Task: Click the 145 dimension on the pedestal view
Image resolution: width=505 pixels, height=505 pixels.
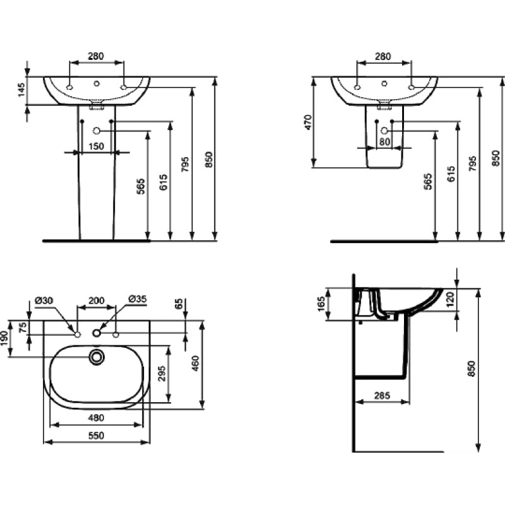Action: [21, 90]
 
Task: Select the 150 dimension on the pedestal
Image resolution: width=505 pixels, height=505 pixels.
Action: [97, 146]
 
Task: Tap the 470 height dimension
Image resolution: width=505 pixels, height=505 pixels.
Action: [309, 122]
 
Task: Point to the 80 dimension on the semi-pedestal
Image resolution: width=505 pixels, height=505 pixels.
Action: [384, 141]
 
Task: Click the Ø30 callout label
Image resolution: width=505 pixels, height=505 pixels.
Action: [44, 300]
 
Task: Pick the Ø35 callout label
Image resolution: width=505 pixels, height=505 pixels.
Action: [137, 299]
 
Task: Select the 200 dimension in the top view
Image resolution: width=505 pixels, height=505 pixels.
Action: [97, 300]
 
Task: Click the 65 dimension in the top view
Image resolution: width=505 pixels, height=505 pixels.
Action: [179, 304]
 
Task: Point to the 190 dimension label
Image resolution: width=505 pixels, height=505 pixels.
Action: [4, 338]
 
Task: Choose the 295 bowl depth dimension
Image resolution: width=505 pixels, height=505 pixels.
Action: [162, 373]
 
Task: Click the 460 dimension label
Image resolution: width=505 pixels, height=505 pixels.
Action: [196, 364]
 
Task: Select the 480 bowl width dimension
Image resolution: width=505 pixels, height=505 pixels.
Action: [97, 418]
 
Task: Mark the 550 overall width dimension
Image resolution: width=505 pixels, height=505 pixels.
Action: [97, 436]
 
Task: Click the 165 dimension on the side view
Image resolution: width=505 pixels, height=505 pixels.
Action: [321, 304]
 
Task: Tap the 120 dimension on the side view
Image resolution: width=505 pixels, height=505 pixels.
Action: [451, 299]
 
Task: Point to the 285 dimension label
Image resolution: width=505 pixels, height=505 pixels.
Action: [383, 395]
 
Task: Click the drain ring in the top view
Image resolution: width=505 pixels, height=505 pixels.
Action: [97, 357]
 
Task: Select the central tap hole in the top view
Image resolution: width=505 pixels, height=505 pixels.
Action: [97, 333]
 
